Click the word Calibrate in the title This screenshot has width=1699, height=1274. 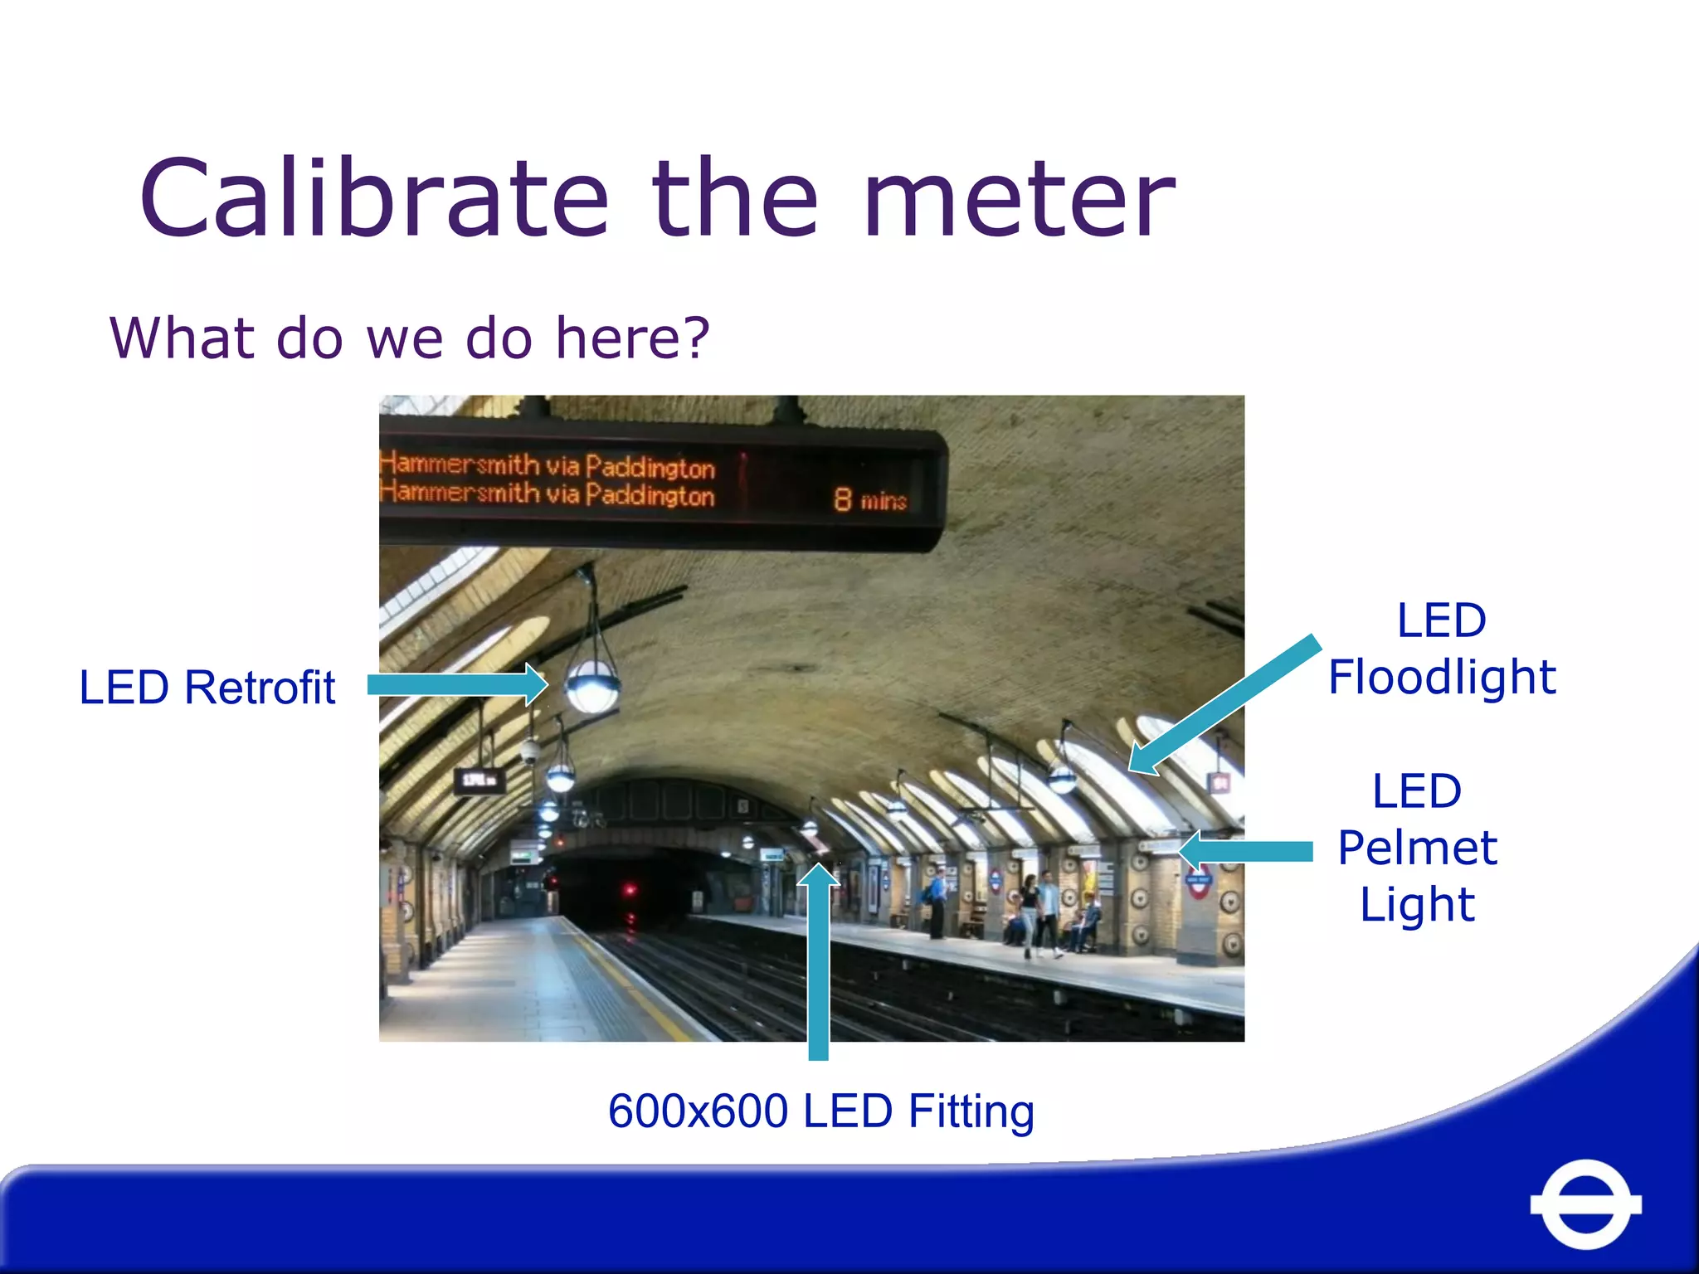point(374,199)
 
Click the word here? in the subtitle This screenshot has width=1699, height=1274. point(632,338)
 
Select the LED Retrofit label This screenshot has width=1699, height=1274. point(207,688)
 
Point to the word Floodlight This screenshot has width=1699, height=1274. point(1442,677)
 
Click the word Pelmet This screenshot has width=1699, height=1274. point(1418,848)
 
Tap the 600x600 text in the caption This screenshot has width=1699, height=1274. point(697,1111)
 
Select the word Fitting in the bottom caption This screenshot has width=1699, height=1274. point(971,1112)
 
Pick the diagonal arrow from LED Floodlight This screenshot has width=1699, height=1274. point(1224,705)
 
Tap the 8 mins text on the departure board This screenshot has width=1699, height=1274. point(870,499)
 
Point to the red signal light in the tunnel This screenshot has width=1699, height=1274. point(630,891)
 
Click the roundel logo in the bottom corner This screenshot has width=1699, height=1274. point(1585,1204)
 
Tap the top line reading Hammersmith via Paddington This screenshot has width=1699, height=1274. point(548,464)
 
